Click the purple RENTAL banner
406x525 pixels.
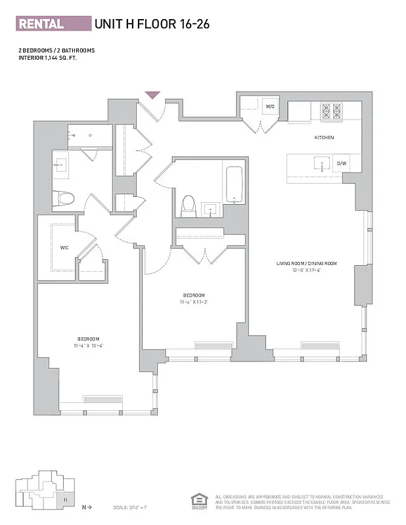[53, 24]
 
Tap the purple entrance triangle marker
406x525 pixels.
[152, 95]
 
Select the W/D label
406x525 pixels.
[269, 106]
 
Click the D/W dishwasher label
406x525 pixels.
[342, 163]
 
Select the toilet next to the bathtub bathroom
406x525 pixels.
[189, 206]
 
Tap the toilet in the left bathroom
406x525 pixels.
[64, 197]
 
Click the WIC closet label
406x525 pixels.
[64, 248]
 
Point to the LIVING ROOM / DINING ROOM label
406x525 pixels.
[306, 263]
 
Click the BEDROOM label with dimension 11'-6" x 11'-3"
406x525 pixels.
[194, 295]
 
